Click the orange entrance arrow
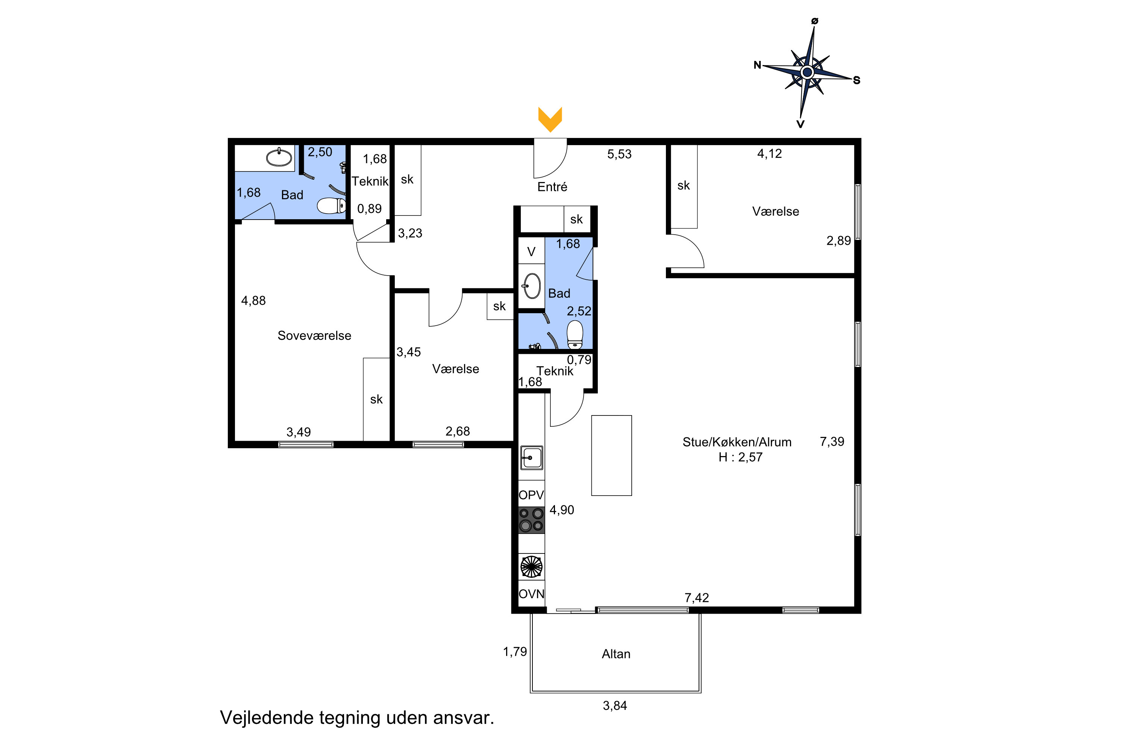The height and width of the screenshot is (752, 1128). click(x=550, y=119)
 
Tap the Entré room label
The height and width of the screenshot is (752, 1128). click(x=552, y=187)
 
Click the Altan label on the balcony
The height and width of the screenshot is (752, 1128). click(x=616, y=654)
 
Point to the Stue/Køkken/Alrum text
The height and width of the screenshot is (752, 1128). click(x=737, y=442)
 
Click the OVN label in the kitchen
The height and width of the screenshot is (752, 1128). click(x=531, y=594)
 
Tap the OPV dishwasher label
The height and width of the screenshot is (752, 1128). click(x=531, y=495)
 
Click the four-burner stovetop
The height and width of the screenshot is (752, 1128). click(x=531, y=520)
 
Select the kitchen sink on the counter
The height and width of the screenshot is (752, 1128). click(x=531, y=458)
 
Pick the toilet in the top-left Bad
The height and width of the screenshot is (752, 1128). click(x=331, y=206)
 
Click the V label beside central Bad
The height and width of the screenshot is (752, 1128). click(x=531, y=252)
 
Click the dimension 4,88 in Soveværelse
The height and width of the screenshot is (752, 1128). click(x=253, y=301)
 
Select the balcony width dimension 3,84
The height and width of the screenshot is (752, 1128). click(x=615, y=705)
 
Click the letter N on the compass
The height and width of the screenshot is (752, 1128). click(x=757, y=65)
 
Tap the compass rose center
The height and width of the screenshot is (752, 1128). click(x=807, y=73)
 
